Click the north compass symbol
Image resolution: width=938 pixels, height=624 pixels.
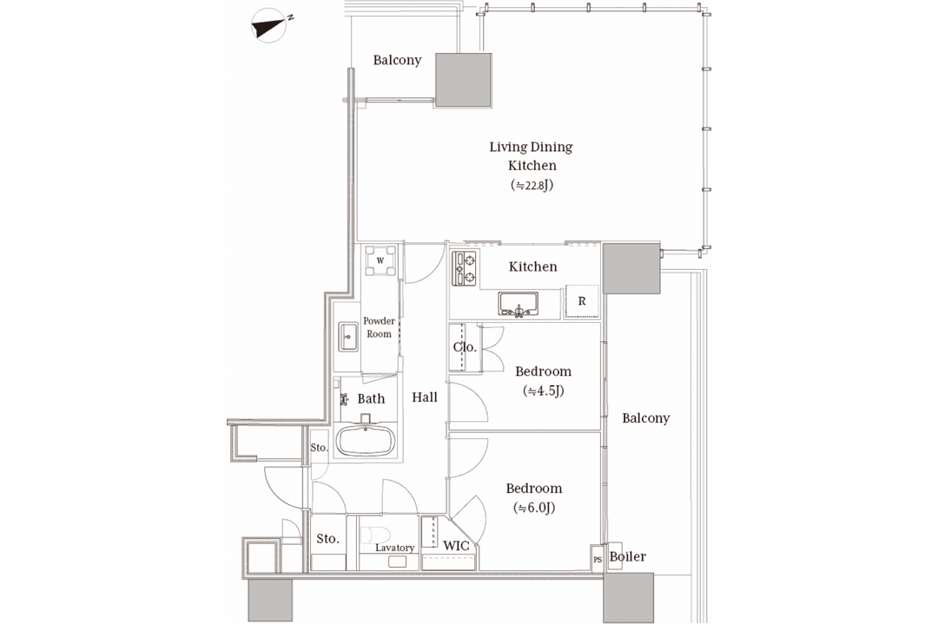click(269, 25)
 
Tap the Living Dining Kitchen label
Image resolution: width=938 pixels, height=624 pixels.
click(532, 156)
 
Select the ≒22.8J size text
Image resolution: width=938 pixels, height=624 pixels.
click(532, 185)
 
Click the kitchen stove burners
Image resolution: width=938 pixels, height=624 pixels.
click(464, 268)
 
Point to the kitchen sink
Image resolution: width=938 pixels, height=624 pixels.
click(518, 305)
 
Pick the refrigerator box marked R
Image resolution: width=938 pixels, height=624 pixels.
click(582, 301)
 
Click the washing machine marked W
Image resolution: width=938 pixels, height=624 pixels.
click(380, 261)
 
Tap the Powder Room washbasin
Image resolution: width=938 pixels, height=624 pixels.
click(348, 337)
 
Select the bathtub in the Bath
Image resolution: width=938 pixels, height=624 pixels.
click(365, 441)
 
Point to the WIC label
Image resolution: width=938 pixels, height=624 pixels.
click(456, 545)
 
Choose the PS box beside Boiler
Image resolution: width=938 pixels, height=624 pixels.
click(597, 560)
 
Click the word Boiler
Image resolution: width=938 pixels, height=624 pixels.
click(628, 556)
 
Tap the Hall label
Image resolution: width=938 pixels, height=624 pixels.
click(424, 397)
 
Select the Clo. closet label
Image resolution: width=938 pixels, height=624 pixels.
click(465, 346)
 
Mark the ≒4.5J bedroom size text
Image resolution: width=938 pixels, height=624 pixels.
click(543, 391)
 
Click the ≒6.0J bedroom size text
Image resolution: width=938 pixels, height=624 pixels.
click(533, 508)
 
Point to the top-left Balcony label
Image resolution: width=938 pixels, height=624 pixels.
click(397, 60)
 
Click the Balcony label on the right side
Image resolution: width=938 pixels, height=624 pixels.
click(645, 417)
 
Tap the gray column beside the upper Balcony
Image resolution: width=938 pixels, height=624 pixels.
click(464, 80)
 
